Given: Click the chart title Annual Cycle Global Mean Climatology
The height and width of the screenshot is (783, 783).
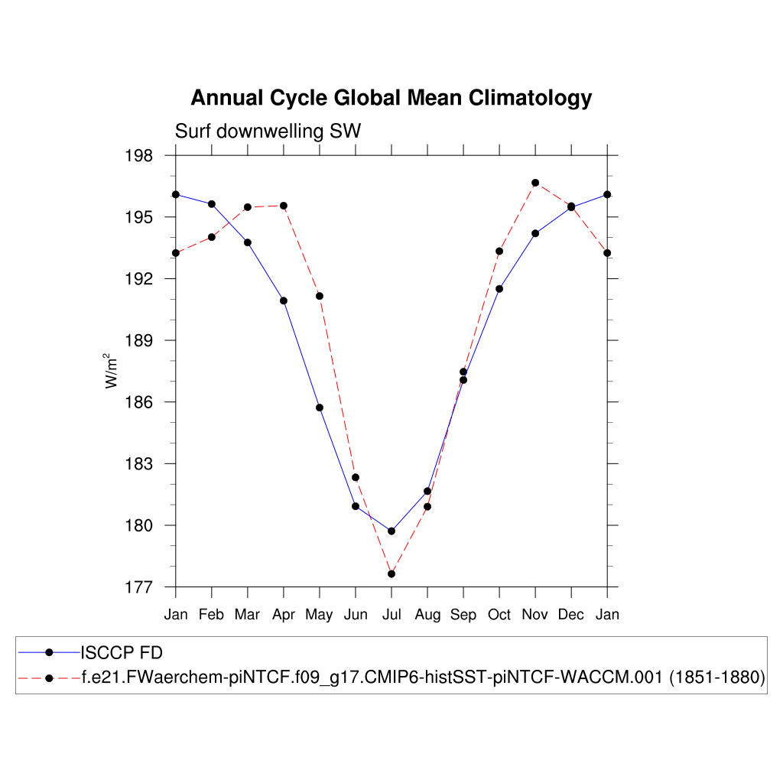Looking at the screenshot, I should pyautogui.click(x=391, y=98).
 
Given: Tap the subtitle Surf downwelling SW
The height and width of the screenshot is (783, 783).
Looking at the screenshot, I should pyautogui.click(x=268, y=132).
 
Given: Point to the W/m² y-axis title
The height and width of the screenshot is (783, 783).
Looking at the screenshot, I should pyautogui.click(x=112, y=371).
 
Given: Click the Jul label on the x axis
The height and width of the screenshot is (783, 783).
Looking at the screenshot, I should pyautogui.click(x=391, y=615).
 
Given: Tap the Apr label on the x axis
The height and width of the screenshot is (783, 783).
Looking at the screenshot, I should pyautogui.click(x=284, y=615).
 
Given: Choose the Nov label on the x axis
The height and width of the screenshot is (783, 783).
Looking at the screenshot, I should pyautogui.click(x=535, y=615).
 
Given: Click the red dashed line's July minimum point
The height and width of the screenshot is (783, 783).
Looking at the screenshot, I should pyautogui.click(x=391, y=573).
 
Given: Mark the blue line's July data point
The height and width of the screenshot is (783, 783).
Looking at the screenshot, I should pyautogui.click(x=391, y=531).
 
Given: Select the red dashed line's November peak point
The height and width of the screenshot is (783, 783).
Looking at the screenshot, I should pyautogui.click(x=535, y=183).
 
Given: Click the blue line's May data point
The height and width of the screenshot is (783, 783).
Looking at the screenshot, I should pyautogui.click(x=320, y=408).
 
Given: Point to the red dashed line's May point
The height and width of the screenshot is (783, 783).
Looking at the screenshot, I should pyautogui.click(x=320, y=296).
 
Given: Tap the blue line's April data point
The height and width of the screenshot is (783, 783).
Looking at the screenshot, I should pyautogui.click(x=284, y=301).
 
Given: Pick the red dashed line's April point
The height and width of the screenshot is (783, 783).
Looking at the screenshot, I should pyautogui.click(x=284, y=206).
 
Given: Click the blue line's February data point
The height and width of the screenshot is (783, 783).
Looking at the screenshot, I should pyautogui.click(x=212, y=204).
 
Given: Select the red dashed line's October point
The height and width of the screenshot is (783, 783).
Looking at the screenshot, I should pyautogui.click(x=499, y=251).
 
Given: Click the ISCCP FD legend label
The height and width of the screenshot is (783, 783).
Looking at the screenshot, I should pyautogui.click(x=122, y=652).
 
